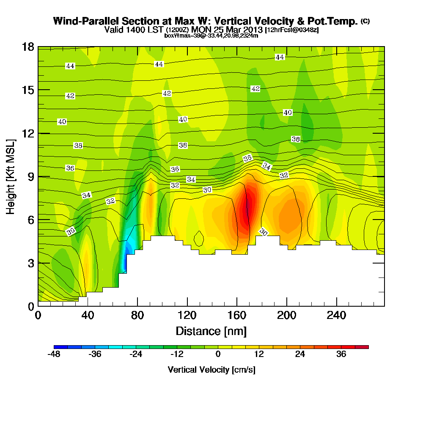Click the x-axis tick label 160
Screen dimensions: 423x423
(x=237, y=316)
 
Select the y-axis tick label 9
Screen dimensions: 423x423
(x=31, y=176)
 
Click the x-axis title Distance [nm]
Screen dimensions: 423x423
(x=211, y=331)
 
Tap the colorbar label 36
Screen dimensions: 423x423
(x=341, y=354)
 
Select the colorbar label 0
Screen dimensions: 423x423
(x=218, y=354)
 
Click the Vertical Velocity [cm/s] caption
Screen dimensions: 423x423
(x=211, y=370)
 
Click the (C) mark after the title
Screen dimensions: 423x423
(x=365, y=21)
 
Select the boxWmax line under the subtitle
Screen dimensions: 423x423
(x=211, y=36)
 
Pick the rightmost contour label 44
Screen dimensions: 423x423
(x=280, y=57)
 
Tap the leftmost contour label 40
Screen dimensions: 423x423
(x=62, y=122)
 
